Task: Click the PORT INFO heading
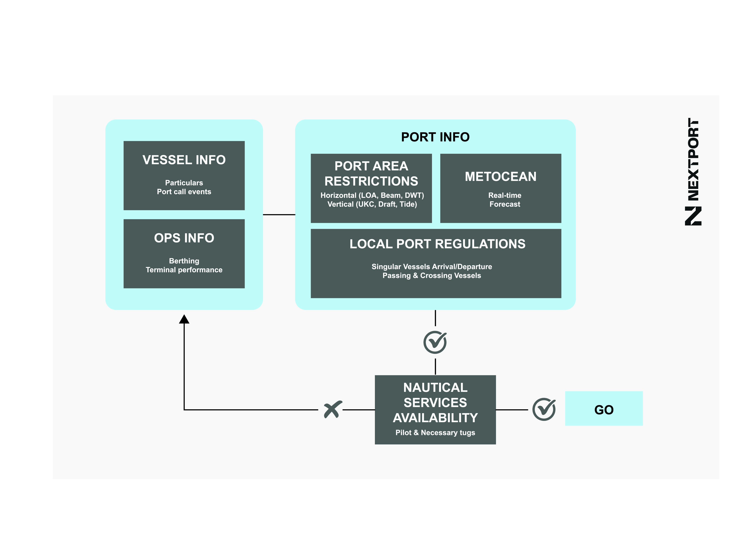tap(435, 137)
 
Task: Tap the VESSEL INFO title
tap(184, 160)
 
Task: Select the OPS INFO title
tap(184, 238)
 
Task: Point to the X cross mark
tap(333, 409)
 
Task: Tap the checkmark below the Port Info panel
tap(435, 342)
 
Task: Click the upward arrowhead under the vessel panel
tap(184, 319)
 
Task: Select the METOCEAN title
tap(500, 177)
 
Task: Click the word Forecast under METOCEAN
tap(505, 204)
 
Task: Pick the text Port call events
tap(184, 192)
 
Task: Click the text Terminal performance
tap(184, 270)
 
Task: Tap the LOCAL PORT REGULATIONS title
tap(437, 244)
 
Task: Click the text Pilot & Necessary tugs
tap(435, 432)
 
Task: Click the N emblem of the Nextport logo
tap(693, 216)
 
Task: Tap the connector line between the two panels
tap(279, 215)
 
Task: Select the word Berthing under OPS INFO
tap(184, 261)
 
